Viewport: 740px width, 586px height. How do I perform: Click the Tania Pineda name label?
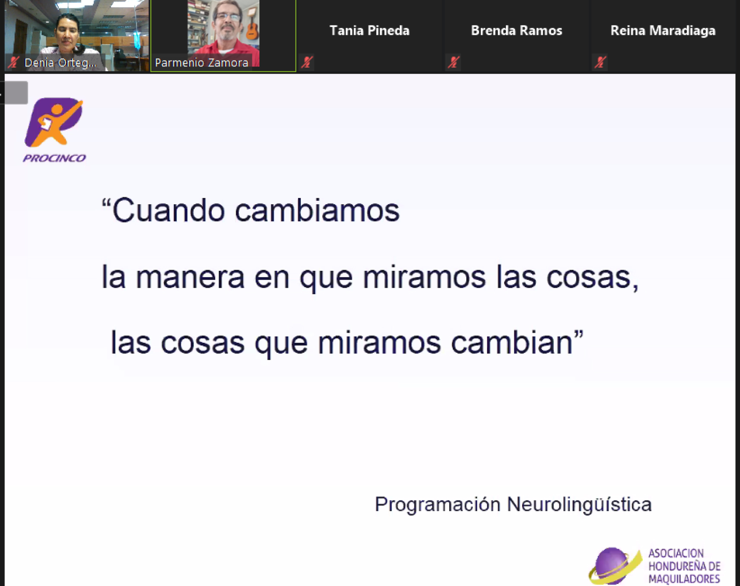tap(369, 31)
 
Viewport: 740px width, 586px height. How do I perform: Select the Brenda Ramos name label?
tap(517, 31)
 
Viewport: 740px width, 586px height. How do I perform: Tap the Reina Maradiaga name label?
tap(663, 31)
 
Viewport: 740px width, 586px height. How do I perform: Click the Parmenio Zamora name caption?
tap(202, 63)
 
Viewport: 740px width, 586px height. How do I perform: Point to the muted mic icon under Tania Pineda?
tap(307, 62)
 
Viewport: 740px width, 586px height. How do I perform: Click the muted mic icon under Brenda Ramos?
tap(454, 62)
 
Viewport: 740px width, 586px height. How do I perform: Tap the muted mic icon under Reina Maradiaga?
tap(600, 62)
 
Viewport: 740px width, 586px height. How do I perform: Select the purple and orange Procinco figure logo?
tap(54, 122)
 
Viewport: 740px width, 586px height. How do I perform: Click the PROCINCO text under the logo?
tap(54, 158)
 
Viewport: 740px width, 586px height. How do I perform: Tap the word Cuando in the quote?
tap(168, 211)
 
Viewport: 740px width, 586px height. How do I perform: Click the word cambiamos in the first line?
tap(318, 211)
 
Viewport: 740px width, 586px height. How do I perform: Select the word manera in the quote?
tap(190, 277)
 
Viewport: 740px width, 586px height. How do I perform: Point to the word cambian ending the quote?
tap(512, 342)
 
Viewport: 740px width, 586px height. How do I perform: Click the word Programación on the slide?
tap(438, 504)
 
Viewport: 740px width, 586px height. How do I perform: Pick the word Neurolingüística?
tap(579, 504)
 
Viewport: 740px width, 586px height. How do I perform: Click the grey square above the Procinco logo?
tap(16, 92)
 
